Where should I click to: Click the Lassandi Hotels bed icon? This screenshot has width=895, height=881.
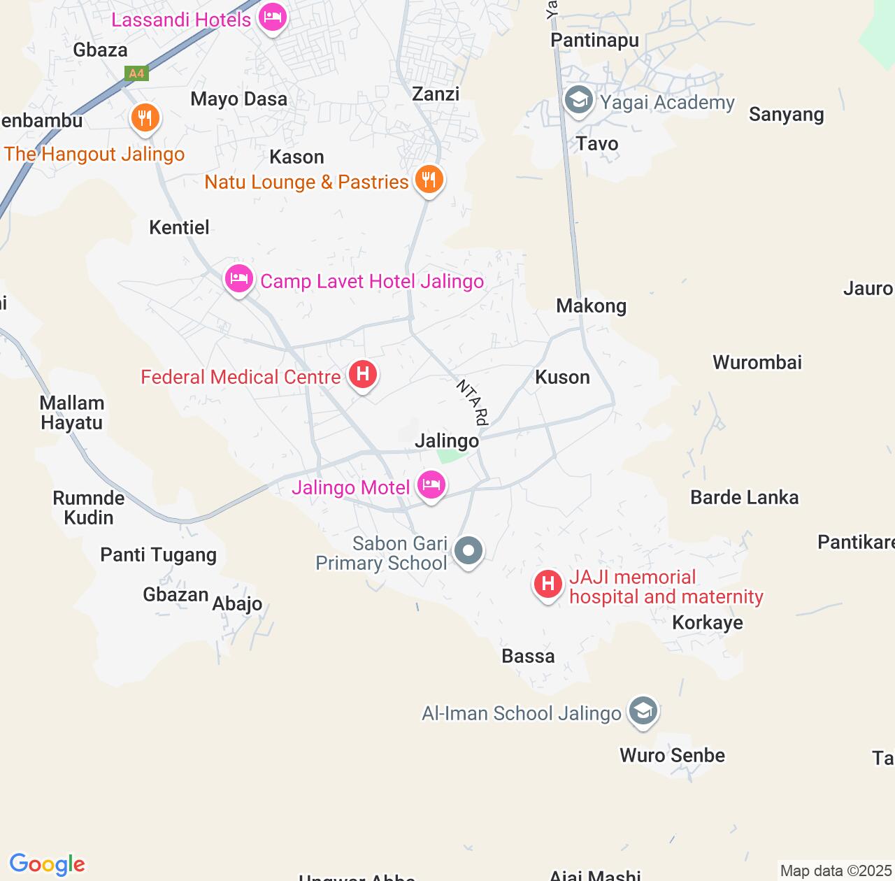(x=272, y=17)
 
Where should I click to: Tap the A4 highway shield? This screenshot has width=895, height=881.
(x=136, y=73)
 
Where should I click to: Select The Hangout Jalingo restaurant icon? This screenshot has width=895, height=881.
(x=145, y=118)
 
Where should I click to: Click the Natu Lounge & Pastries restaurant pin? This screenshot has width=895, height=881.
(x=429, y=180)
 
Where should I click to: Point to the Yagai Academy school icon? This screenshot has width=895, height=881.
(x=578, y=101)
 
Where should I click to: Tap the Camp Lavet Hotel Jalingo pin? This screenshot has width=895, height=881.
(x=238, y=279)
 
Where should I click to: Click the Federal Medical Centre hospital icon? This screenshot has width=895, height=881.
(x=362, y=374)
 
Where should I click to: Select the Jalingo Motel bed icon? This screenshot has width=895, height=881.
(x=431, y=484)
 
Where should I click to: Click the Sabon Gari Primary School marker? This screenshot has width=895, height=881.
(x=468, y=551)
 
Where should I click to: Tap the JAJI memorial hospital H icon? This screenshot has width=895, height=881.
(x=548, y=583)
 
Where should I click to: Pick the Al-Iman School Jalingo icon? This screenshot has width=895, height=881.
(x=643, y=711)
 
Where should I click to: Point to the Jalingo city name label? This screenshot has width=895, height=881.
(x=447, y=441)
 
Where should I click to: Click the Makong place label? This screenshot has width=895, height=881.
(x=591, y=306)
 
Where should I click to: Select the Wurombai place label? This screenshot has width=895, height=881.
(x=757, y=362)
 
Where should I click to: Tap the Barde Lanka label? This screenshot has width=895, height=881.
(x=744, y=497)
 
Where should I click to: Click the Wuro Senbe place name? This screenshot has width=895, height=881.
(x=672, y=755)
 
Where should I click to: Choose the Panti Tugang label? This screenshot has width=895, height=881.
(x=158, y=555)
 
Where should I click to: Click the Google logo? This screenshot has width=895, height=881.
(x=47, y=864)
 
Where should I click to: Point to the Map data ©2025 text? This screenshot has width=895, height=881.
(x=836, y=871)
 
